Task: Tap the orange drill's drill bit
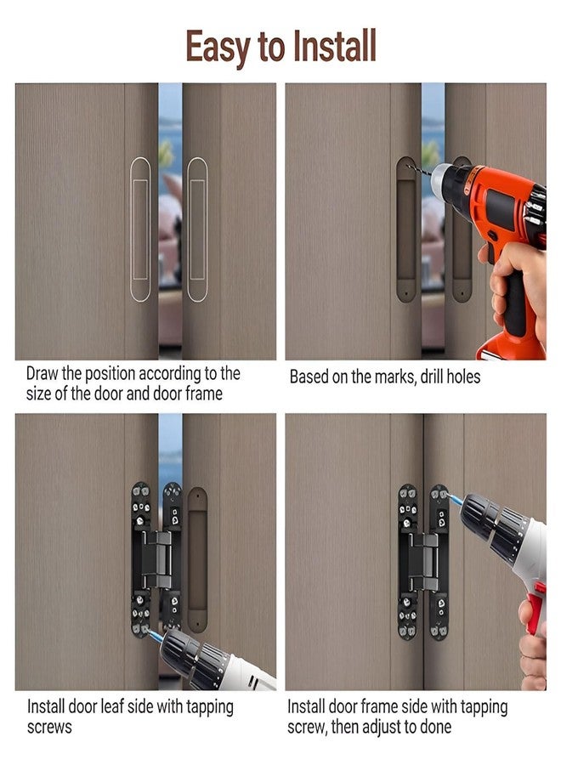coord(418,170)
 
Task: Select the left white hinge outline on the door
coord(140,229)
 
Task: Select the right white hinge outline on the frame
coord(197,229)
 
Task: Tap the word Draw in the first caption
coord(42,374)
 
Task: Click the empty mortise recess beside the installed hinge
coord(197,559)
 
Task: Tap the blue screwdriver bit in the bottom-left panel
coord(156,635)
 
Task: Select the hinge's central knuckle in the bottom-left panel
coord(157,559)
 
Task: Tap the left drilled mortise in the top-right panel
coord(405,229)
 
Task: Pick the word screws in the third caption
coord(49,727)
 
